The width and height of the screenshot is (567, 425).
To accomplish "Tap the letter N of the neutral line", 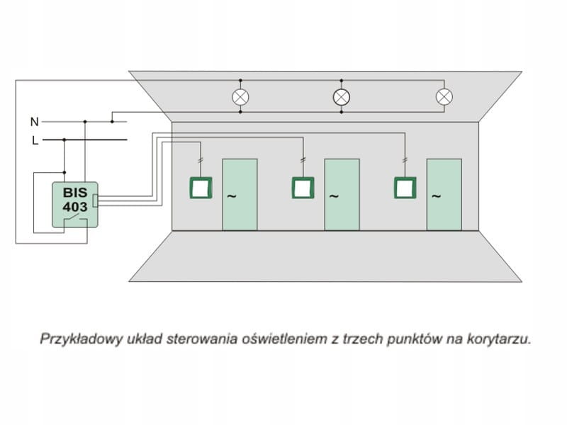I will pos(34,122).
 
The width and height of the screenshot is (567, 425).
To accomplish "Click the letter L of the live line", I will pos(35,140).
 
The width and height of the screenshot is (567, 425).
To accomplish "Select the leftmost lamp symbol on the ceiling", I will pos(241,97).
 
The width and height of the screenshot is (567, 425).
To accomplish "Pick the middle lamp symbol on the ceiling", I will pos(342,97).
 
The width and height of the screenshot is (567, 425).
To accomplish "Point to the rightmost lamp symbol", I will pos(444,97).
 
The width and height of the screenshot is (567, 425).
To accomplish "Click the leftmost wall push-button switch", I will pos(201,188).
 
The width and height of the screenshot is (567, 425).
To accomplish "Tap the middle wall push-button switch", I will pos(303,188).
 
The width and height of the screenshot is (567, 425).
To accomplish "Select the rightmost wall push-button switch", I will pos(405,188).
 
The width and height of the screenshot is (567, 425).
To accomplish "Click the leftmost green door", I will pos(240,194).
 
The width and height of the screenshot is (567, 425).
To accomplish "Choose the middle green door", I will pos(342,194).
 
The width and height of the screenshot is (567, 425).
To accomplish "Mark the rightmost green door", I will pos(444,194).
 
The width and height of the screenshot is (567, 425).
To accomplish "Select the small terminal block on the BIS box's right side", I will pos(96,200).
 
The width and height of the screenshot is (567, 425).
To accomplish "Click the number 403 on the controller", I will pos(74,207).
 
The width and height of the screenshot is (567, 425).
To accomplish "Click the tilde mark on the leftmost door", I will pos(230,195).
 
